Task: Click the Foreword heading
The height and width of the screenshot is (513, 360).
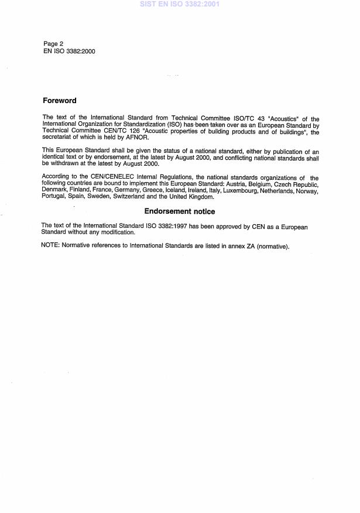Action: (x=60, y=100)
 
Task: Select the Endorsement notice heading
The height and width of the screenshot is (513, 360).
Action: (x=180, y=211)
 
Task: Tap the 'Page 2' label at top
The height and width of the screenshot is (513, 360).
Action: (x=54, y=43)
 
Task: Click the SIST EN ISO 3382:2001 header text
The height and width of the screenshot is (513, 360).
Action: (x=180, y=4)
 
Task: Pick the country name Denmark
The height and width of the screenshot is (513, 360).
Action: (x=56, y=191)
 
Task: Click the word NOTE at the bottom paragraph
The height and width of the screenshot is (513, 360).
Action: (x=50, y=245)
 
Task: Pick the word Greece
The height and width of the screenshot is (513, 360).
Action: (x=142, y=191)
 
